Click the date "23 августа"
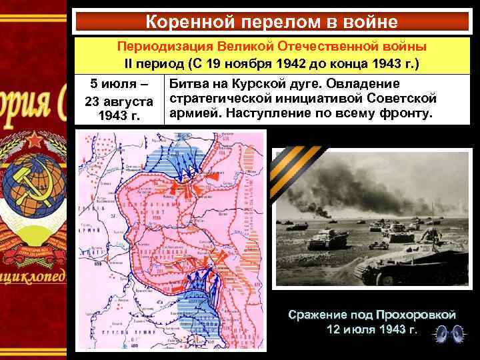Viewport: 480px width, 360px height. point(117,101)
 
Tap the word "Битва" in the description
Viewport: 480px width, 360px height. point(189,85)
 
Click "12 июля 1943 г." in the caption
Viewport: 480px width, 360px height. point(371,329)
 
